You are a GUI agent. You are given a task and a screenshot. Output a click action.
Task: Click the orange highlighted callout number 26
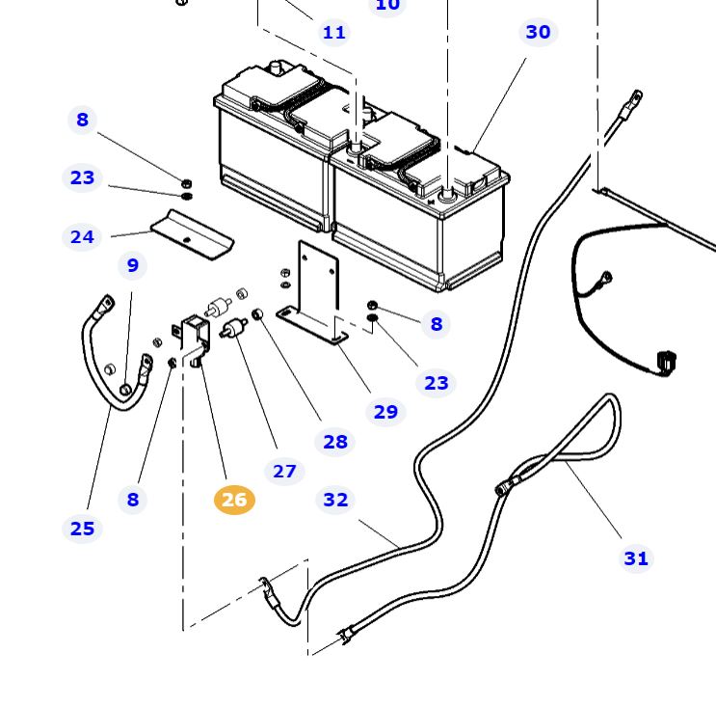click(x=233, y=500)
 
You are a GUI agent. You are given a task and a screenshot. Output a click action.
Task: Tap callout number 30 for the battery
click(x=538, y=32)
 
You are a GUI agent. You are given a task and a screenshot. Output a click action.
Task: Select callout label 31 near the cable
click(x=636, y=558)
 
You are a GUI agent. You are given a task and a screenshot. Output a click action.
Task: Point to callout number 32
click(x=335, y=500)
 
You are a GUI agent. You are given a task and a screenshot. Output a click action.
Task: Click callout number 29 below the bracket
click(x=385, y=412)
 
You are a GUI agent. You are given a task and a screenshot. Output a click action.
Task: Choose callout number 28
click(x=335, y=442)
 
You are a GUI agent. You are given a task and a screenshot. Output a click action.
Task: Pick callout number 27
click(x=284, y=471)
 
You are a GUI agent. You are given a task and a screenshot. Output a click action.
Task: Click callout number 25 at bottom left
click(x=83, y=529)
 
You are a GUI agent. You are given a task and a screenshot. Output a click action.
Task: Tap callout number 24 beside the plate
click(x=83, y=236)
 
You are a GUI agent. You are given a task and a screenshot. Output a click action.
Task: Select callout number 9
click(x=132, y=265)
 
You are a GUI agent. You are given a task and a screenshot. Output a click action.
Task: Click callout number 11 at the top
click(x=334, y=33)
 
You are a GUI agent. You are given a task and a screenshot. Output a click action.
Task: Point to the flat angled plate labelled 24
click(x=193, y=231)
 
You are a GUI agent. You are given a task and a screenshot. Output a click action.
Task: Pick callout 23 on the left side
click(x=83, y=177)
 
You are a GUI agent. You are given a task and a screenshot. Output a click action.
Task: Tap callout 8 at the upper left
click(x=83, y=120)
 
